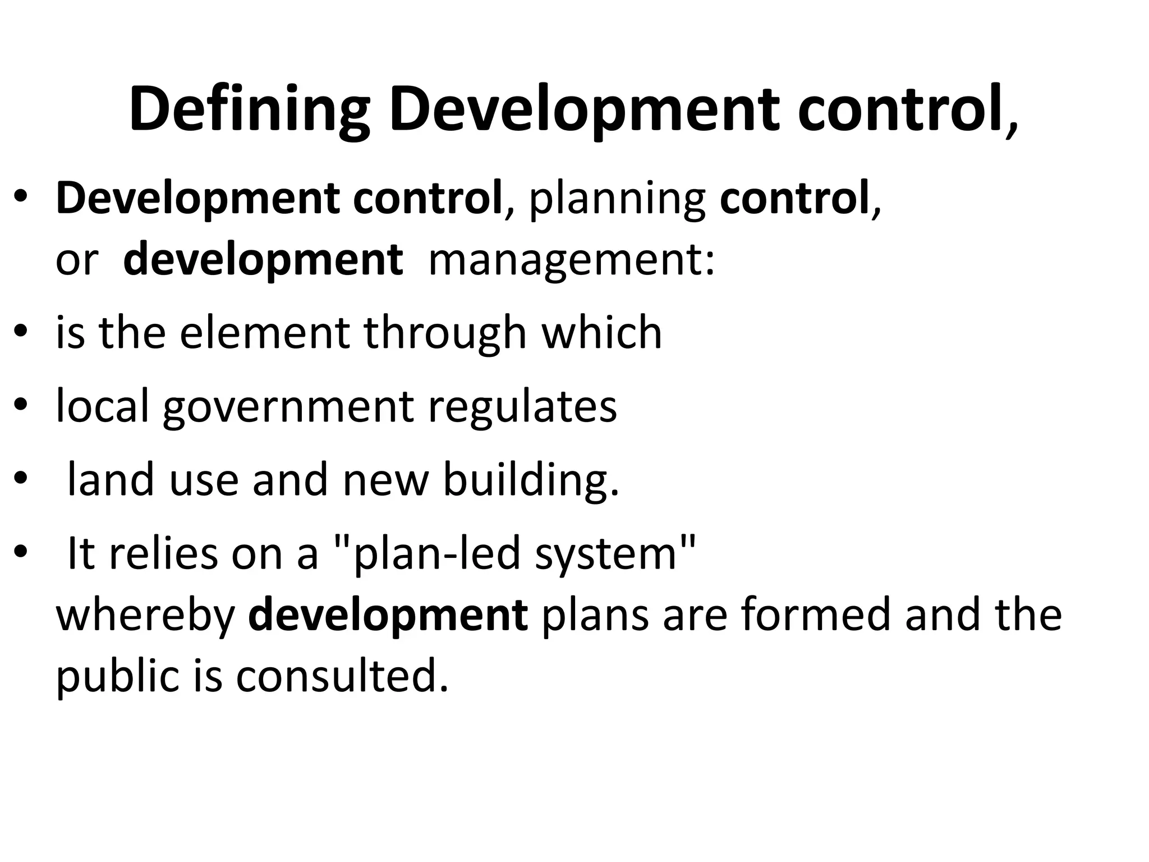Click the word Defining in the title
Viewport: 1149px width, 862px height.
point(249,109)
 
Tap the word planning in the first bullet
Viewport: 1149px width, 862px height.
point(617,199)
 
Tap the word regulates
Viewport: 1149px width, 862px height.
point(522,407)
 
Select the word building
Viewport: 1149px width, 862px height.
point(530,480)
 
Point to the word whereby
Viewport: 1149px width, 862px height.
point(146,616)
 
